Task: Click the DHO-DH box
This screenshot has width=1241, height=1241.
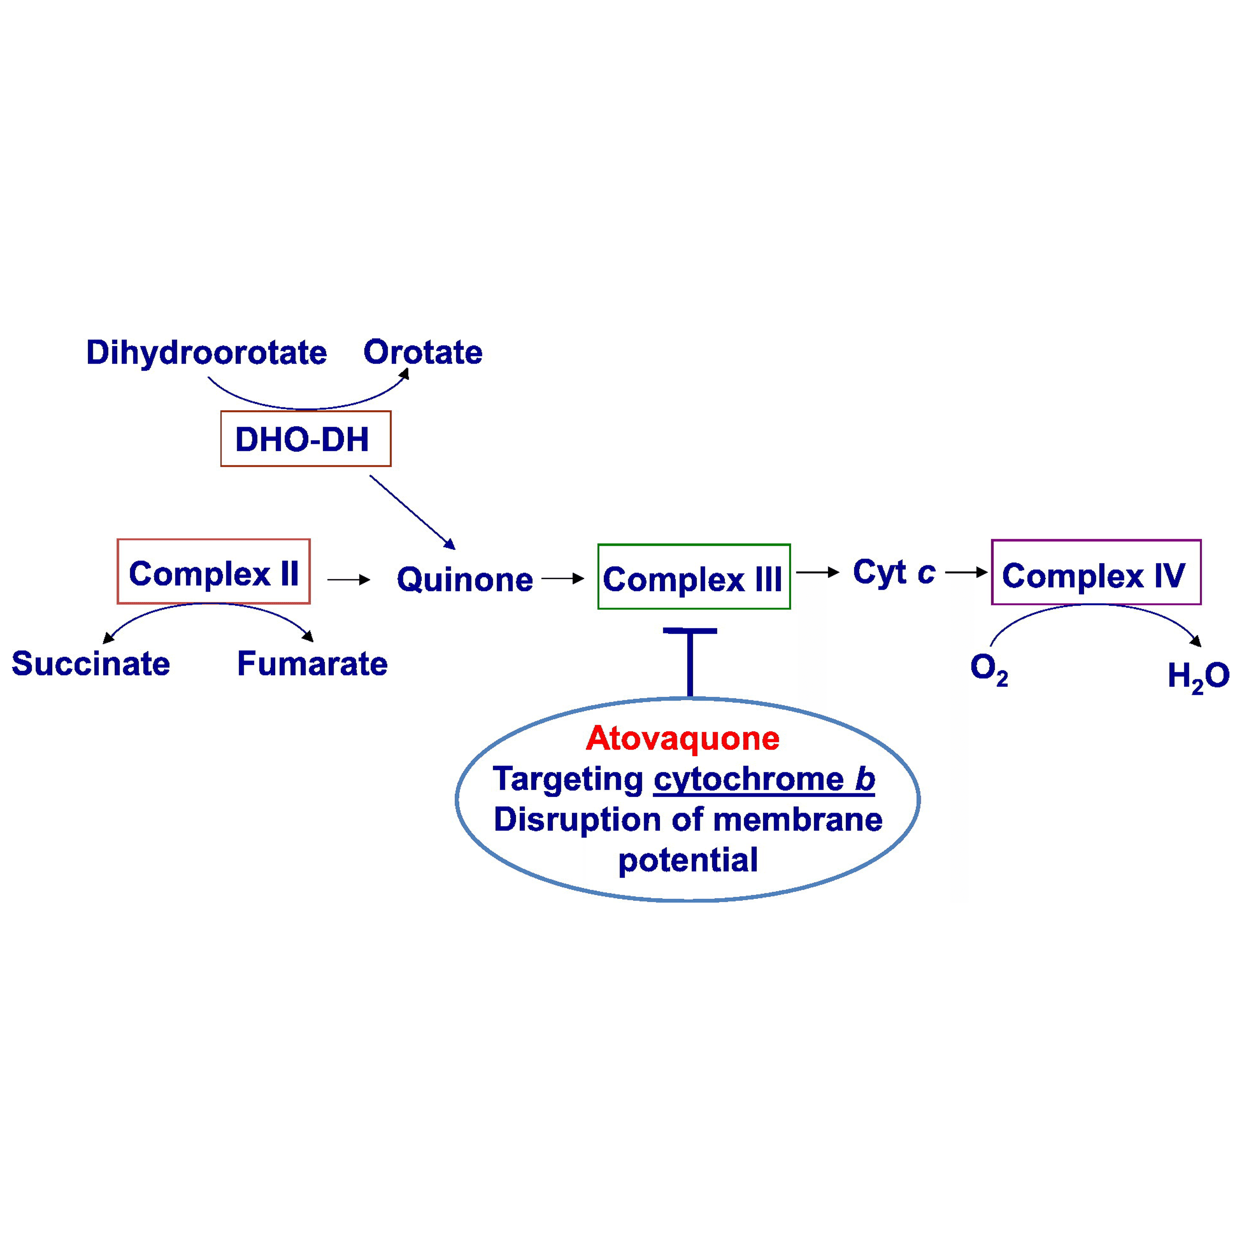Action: click(305, 439)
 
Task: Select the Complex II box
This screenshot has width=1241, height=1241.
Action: click(213, 572)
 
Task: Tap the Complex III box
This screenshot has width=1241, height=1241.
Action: click(694, 577)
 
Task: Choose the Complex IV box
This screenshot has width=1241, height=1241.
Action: click(1096, 573)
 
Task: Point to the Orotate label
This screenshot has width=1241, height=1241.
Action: click(423, 352)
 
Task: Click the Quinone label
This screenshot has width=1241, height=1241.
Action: click(465, 580)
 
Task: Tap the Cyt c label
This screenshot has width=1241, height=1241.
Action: click(894, 572)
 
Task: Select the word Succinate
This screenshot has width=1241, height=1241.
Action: click(91, 664)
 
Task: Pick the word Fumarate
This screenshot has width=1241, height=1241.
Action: click(312, 664)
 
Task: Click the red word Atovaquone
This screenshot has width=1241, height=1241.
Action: click(682, 738)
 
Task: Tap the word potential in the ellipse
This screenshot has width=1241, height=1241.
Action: click(688, 860)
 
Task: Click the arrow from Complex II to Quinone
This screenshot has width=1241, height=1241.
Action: click(348, 580)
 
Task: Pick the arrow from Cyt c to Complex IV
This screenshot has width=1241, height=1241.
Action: click(965, 572)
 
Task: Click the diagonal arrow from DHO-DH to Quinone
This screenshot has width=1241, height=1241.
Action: click(412, 512)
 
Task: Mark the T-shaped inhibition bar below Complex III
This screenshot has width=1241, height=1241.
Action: click(690, 661)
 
